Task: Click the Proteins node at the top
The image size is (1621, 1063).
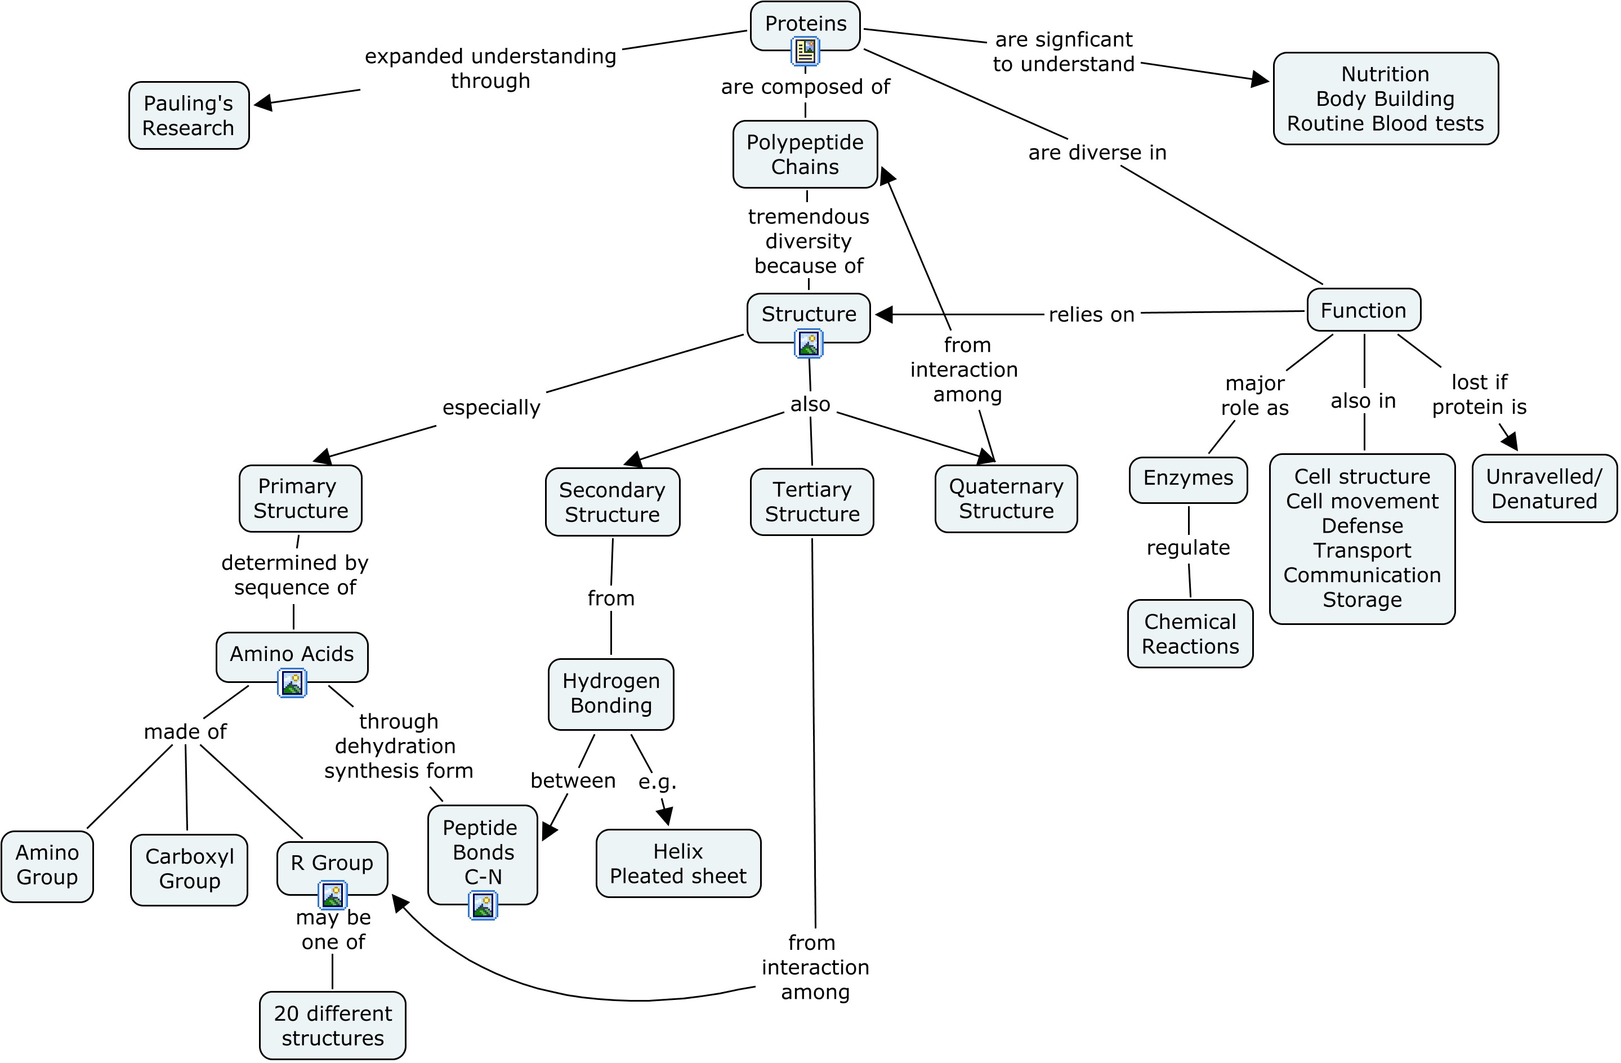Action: (x=805, y=24)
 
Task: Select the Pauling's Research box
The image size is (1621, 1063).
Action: (x=189, y=115)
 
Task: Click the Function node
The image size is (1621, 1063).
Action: (x=1363, y=311)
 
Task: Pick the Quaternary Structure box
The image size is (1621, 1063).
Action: (x=1006, y=498)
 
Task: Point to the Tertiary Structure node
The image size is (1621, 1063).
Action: (x=812, y=501)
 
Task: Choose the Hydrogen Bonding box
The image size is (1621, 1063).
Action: (x=611, y=693)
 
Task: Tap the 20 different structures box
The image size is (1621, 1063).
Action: (x=332, y=1025)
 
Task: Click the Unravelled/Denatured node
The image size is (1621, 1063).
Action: (x=1544, y=488)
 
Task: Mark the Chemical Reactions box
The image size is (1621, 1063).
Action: (x=1190, y=633)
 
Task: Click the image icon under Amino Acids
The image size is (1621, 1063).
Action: (x=292, y=683)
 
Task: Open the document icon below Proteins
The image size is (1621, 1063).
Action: (x=805, y=51)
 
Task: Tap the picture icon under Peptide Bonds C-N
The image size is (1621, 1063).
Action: (x=483, y=906)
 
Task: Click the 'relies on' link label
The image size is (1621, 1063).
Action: (x=1091, y=315)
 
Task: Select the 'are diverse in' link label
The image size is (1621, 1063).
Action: (x=1097, y=153)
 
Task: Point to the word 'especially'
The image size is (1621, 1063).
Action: (x=491, y=407)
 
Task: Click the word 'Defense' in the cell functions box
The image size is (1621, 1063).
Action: (x=1362, y=526)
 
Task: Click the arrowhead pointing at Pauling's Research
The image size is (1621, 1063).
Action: (x=263, y=103)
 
